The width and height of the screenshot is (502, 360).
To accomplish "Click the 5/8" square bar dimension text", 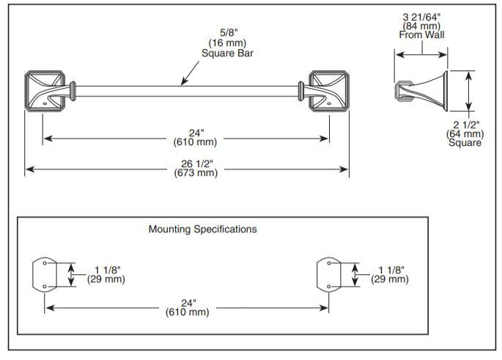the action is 229,33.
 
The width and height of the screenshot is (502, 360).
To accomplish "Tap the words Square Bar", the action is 227,54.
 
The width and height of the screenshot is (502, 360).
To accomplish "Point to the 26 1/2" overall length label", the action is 197,164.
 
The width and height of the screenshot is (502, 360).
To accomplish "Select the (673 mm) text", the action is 196,173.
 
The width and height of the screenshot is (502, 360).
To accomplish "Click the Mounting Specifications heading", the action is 203,229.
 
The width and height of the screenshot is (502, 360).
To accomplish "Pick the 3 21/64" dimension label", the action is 421,17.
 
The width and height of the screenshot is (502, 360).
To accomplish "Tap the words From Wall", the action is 421,34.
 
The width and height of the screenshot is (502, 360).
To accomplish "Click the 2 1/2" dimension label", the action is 466,125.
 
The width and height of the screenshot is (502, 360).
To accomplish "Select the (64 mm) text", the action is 465,134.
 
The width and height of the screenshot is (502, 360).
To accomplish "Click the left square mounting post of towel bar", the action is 45,91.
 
